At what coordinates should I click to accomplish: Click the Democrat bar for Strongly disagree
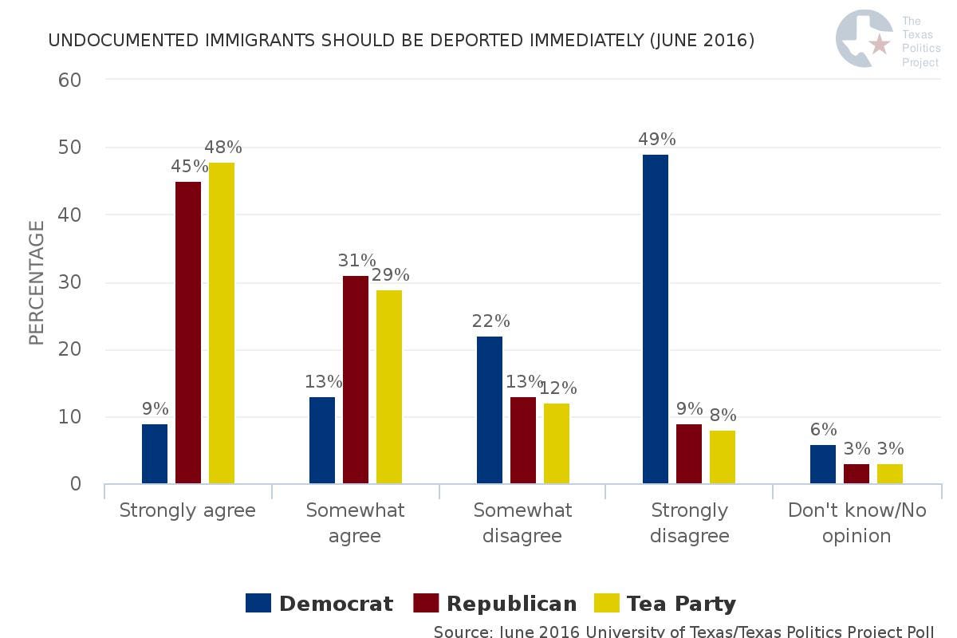click(x=656, y=319)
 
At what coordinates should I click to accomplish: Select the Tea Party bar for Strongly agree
click(x=222, y=323)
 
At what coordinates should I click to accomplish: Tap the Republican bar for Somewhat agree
click(x=356, y=380)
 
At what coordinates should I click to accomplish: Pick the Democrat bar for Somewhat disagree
click(x=490, y=410)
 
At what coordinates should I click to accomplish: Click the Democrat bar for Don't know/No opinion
click(x=823, y=464)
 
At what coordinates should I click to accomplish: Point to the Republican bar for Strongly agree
click(x=188, y=333)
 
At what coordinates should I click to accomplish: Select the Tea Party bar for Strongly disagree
click(x=723, y=457)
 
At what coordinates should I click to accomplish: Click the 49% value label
click(x=656, y=140)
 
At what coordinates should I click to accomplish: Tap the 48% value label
click(x=223, y=148)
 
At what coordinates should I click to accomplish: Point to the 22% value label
click(x=490, y=321)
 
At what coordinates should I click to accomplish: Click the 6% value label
click(x=823, y=430)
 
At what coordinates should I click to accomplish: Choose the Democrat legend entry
click(x=319, y=604)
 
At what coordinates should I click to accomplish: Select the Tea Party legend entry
click(x=665, y=604)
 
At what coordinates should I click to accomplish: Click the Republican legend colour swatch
click(x=426, y=604)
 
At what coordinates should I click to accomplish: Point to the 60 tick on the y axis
click(x=70, y=80)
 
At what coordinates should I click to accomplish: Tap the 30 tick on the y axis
click(x=70, y=282)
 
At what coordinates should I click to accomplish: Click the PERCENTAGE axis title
click(x=37, y=282)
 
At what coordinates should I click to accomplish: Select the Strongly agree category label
click(x=187, y=510)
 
